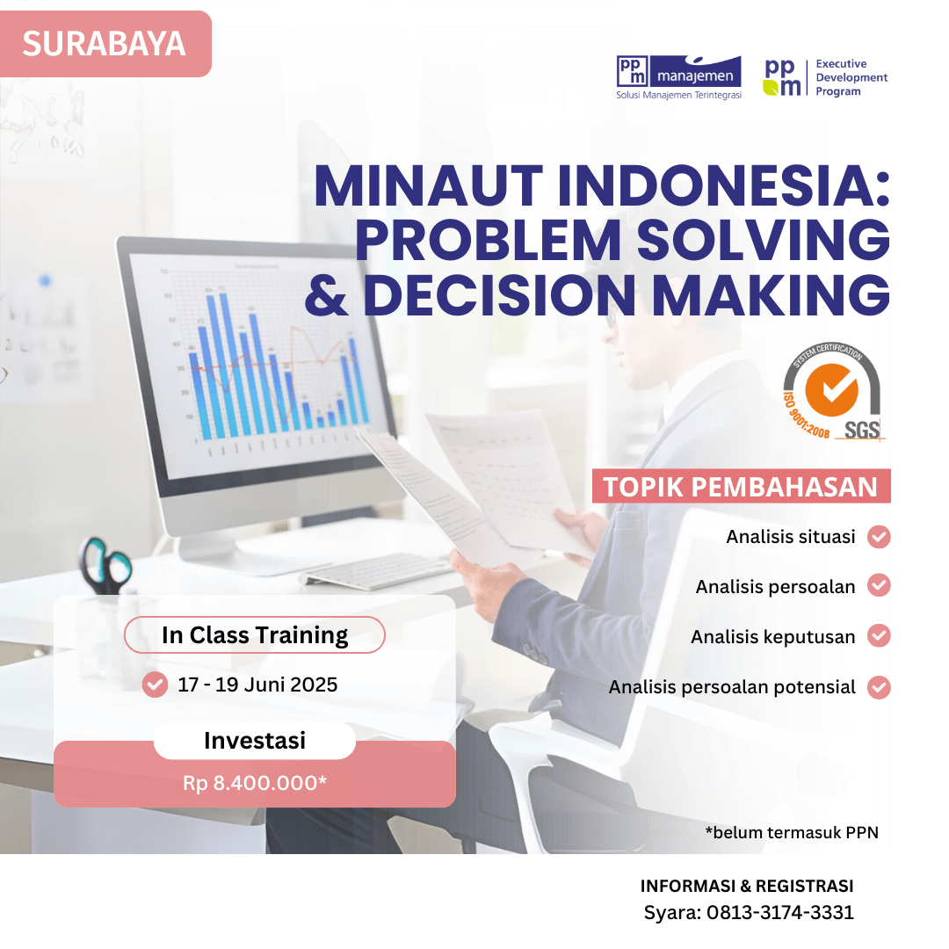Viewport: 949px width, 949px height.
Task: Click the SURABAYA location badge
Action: (105, 44)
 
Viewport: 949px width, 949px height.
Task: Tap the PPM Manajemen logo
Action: (678, 77)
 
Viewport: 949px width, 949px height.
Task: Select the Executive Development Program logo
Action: (825, 77)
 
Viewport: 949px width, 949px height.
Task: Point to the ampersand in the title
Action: (327, 296)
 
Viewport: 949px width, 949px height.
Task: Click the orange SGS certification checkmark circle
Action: (831, 390)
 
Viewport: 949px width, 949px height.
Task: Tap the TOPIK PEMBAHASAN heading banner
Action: (742, 486)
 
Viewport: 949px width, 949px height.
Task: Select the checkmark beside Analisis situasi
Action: (879, 537)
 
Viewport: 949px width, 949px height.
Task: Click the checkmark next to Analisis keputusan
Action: (879, 636)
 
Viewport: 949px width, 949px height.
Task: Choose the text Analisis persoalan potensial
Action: (732, 687)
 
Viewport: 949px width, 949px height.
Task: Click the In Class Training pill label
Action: (255, 635)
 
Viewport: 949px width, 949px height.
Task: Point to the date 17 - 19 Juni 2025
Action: (257, 685)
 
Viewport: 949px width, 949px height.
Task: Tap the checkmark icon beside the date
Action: (155, 685)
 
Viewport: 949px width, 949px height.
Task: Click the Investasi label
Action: (255, 740)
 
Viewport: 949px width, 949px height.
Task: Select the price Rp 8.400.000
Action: (255, 783)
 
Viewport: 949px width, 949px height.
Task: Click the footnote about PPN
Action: (792, 833)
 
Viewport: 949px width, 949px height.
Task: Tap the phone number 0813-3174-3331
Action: (780, 912)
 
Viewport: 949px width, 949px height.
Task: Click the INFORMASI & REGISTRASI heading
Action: (747, 886)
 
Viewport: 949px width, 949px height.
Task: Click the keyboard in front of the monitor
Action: (376, 571)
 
